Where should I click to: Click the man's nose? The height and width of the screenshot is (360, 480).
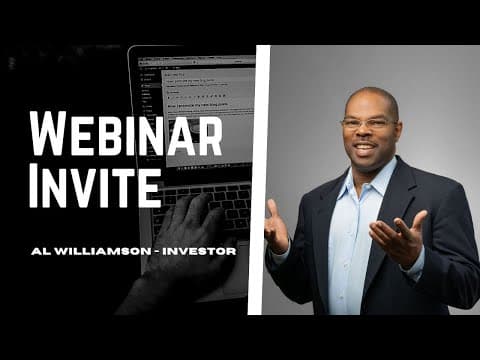tap(368, 133)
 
